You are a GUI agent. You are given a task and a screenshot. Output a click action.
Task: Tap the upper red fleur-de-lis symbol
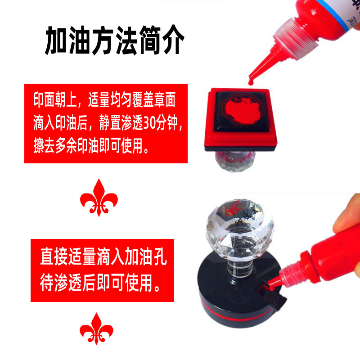99,196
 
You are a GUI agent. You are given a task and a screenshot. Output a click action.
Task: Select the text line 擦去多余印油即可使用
91,146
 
